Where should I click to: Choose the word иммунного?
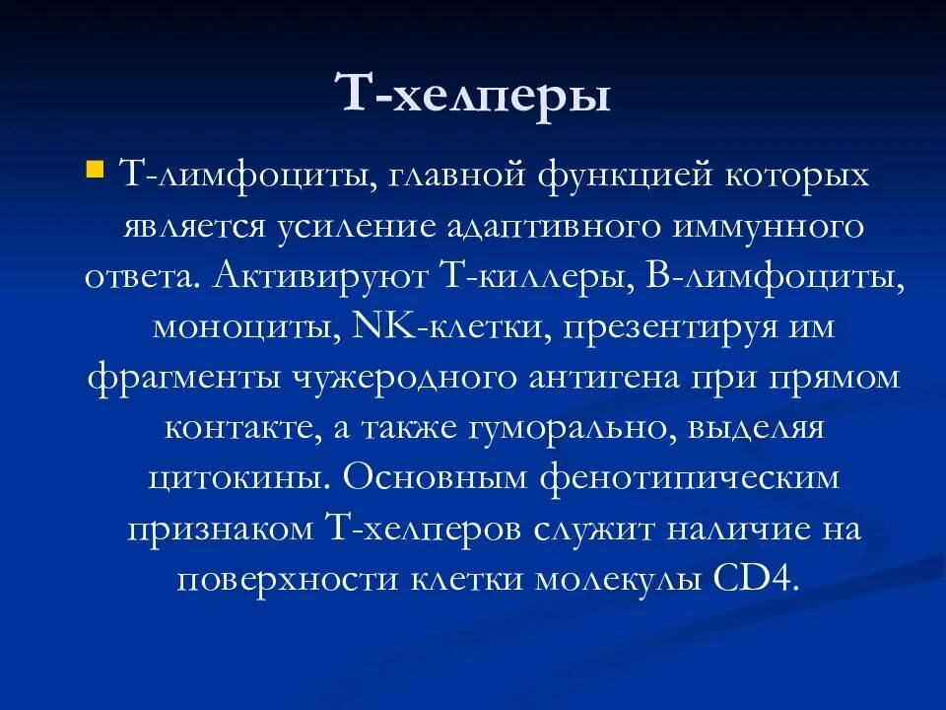pos(771,226)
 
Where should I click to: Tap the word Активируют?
pos(315,276)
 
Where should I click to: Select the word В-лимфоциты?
pos(775,276)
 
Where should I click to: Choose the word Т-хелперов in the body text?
pos(423,530)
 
